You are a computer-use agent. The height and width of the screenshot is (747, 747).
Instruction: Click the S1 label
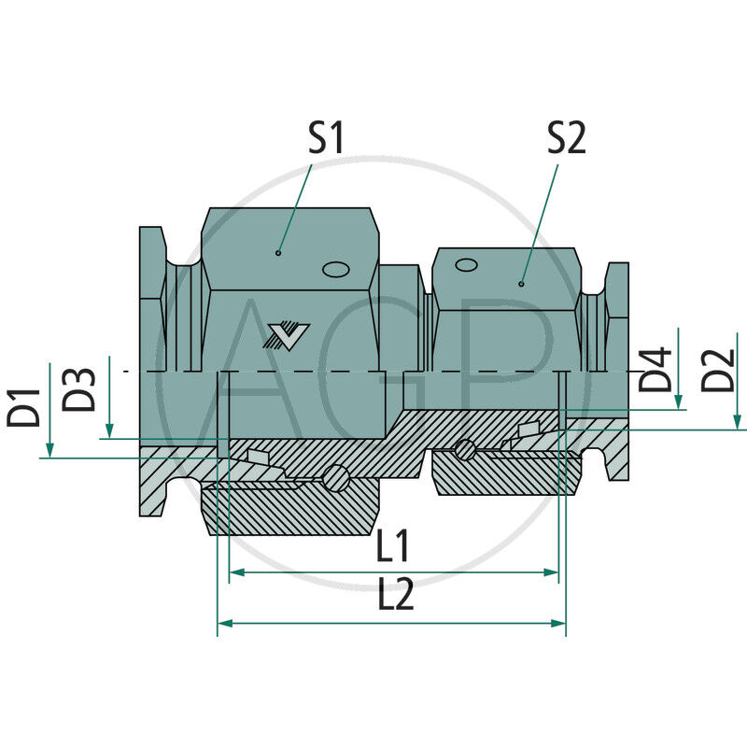326,139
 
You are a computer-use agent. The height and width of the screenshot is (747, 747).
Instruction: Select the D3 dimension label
82,390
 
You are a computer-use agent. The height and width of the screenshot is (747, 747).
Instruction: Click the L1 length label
396,547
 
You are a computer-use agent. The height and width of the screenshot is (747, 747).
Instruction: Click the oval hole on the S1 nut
335,270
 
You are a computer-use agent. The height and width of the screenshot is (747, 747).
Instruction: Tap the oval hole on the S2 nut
464,265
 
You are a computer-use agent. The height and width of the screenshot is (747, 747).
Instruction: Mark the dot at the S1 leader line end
278,252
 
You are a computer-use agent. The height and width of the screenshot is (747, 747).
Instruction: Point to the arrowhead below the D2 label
738,421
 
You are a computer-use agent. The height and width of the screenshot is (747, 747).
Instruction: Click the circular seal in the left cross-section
335,480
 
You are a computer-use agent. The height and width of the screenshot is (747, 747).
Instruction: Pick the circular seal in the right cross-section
464,451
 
